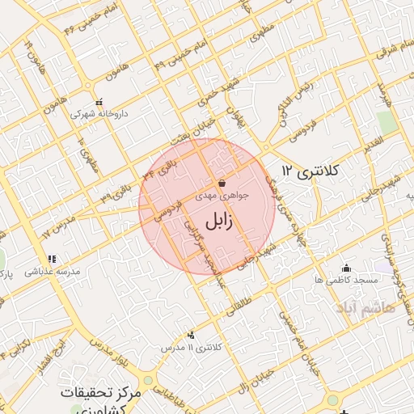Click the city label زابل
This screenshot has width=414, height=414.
[218, 220]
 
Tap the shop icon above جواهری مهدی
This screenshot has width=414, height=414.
[222, 184]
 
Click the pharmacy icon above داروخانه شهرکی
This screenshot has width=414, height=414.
[100, 103]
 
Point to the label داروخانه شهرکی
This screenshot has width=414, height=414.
[100, 115]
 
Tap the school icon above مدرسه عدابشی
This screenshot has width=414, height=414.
[51, 259]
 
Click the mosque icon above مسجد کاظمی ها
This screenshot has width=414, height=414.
[347, 268]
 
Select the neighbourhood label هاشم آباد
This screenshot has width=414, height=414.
[367, 309]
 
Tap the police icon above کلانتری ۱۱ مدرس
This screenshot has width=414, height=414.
[190, 335]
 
